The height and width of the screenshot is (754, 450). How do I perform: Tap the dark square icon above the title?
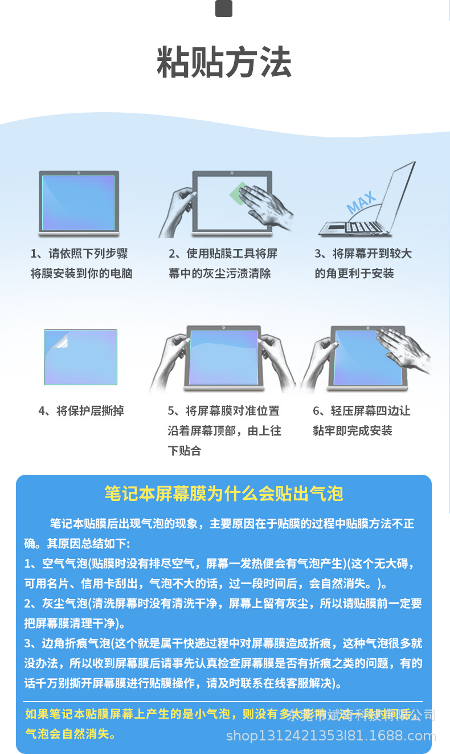224,9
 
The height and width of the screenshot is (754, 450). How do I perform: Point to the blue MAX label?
361,202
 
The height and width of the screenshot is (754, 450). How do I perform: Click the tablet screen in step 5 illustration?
224,357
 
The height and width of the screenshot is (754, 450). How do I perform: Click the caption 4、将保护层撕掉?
81,411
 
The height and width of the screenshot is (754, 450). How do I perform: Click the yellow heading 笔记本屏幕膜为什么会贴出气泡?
224,494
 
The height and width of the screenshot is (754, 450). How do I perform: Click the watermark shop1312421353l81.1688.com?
331,736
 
